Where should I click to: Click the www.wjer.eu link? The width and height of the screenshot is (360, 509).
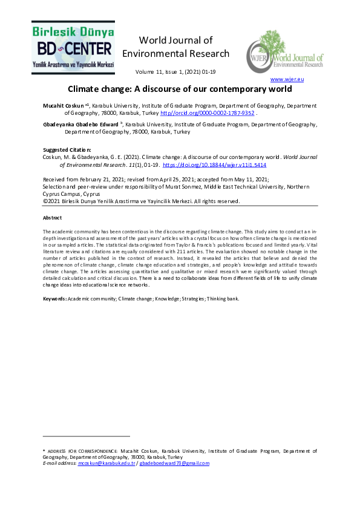click(287, 79)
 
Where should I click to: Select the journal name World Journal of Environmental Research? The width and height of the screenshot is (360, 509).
click(175, 47)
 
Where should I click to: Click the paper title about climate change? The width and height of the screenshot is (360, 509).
click(180, 89)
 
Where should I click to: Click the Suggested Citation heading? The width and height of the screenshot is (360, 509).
click(67, 149)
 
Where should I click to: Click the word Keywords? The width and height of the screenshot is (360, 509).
click(54, 299)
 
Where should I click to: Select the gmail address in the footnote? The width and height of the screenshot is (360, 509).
click(174, 464)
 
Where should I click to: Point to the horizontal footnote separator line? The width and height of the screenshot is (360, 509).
click(87, 435)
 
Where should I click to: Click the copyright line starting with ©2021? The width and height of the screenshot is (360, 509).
click(141, 201)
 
